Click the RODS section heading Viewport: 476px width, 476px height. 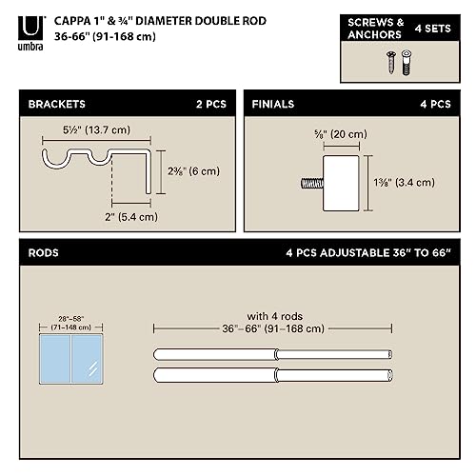[x=45, y=254]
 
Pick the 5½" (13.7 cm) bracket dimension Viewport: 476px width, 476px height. [x=90, y=129]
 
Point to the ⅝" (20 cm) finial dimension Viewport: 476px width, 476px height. [x=337, y=133]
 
